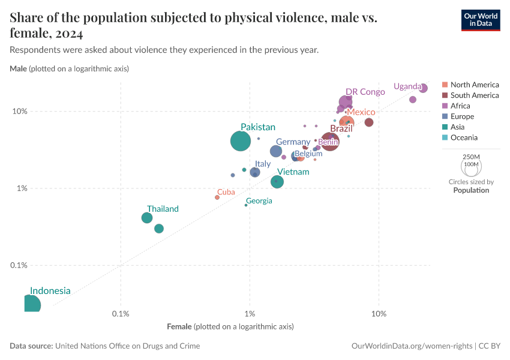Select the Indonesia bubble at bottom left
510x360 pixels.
[x=31, y=305]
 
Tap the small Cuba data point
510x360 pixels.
[x=217, y=197]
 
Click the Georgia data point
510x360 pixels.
[x=246, y=205]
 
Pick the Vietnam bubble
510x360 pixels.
[x=277, y=181]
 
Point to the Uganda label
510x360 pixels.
[x=407, y=86]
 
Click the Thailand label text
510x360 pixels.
[x=163, y=209]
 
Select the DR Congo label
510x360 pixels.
[x=365, y=92]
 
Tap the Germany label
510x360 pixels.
[x=293, y=142]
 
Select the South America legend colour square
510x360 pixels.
[x=445, y=95]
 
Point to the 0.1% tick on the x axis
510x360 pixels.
[x=121, y=314]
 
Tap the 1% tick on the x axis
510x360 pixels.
[x=250, y=314]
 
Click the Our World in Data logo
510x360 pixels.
[x=480, y=20]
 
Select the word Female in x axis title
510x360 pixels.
[x=179, y=326]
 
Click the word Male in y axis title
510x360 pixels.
[x=18, y=69]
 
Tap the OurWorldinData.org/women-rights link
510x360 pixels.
[x=411, y=346]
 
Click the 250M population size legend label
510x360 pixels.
[x=471, y=156]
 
